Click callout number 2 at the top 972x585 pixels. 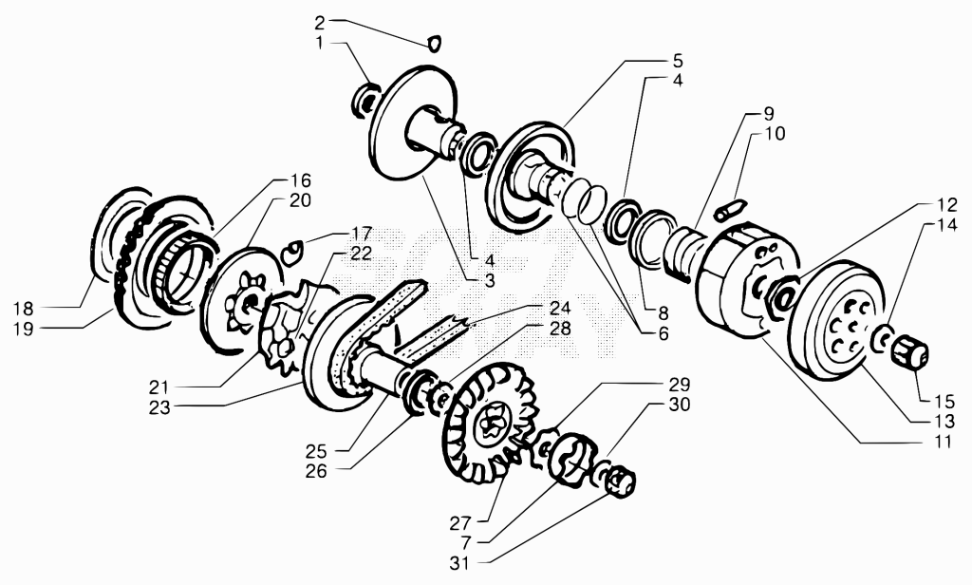(x=319, y=24)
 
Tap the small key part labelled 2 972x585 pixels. (x=435, y=43)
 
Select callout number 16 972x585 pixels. (x=300, y=180)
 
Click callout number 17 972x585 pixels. (x=361, y=234)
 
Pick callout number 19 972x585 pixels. (x=24, y=329)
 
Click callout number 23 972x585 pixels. (x=159, y=408)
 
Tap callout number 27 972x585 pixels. (x=461, y=523)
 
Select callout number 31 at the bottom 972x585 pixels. (x=460, y=564)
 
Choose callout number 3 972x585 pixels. (x=490, y=280)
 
